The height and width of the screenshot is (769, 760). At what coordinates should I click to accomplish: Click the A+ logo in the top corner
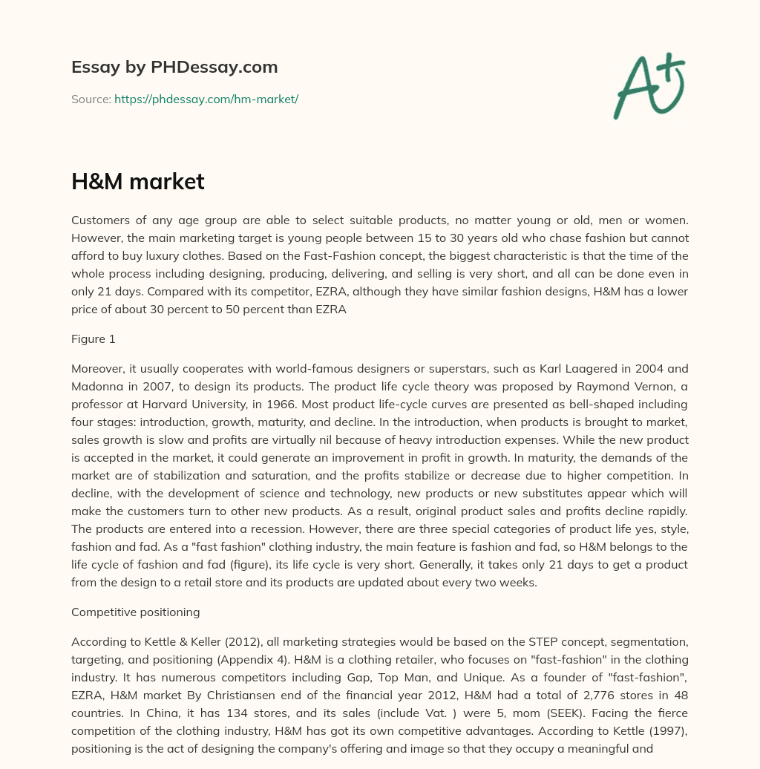pos(649,86)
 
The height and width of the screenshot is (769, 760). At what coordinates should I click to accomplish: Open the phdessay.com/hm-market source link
pos(206,99)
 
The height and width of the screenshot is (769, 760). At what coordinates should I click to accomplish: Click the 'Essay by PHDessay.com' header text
pos(174,67)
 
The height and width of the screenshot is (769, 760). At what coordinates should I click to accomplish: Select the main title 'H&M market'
pos(137,182)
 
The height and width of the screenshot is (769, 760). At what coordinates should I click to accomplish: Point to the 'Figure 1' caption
pos(94,339)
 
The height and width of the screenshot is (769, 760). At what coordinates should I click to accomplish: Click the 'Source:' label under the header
pos(91,99)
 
